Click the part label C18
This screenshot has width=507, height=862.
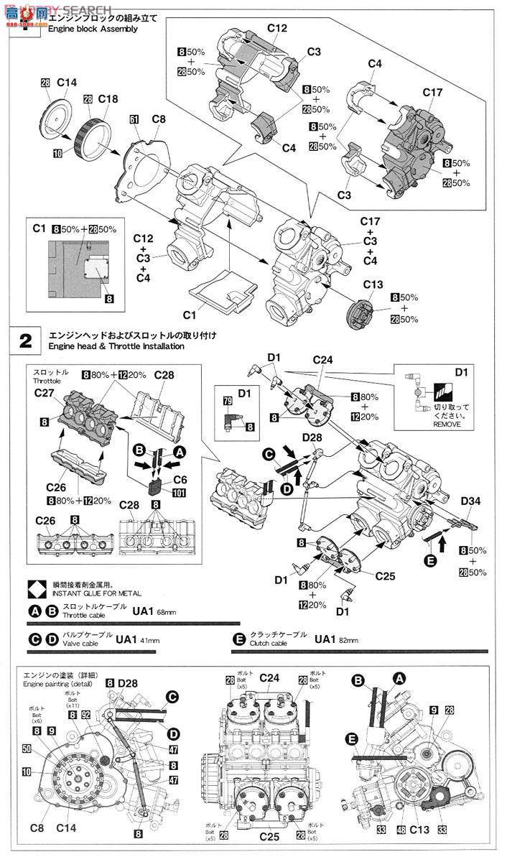(x=108, y=98)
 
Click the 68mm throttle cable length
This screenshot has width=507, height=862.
(x=165, y=611)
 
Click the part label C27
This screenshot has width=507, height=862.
(x=45, y=393)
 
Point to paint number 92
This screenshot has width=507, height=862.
(x=85, y=715)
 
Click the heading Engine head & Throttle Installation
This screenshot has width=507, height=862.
(x=116, y=346)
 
